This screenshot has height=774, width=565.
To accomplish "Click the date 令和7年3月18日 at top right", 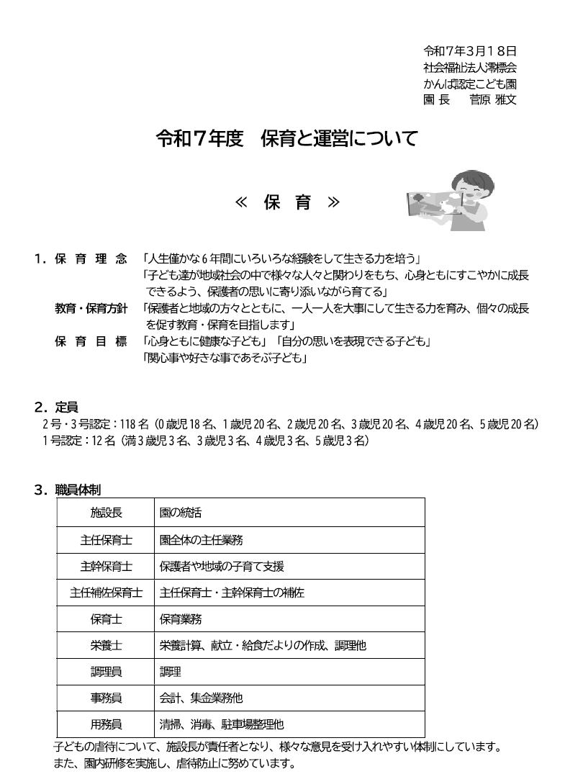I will click(x=469, y=51).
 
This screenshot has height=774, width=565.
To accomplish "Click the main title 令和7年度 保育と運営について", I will click(x=287, y=139).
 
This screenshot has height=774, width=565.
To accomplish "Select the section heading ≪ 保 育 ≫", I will click(x=287, y=203).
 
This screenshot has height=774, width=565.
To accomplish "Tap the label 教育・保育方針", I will click(x=91, y=308).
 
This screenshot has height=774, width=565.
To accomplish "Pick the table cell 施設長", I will click(x=106, y=513).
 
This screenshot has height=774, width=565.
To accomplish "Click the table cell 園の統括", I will click(x=181, y=513).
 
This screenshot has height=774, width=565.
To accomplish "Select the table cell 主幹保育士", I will click(x=106, y=567).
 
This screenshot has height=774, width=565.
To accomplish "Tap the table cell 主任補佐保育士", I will click(x=106, y=593).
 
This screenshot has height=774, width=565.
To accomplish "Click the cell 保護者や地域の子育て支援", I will click(x=222, y=567).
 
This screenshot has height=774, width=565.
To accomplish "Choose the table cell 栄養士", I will click(x=106, y=646).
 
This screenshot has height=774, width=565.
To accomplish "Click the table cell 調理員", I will click(x=106, y=672).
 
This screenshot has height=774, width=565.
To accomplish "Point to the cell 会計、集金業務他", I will click(x=201, y=698).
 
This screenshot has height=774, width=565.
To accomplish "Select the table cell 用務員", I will click(x=106, y=724).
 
